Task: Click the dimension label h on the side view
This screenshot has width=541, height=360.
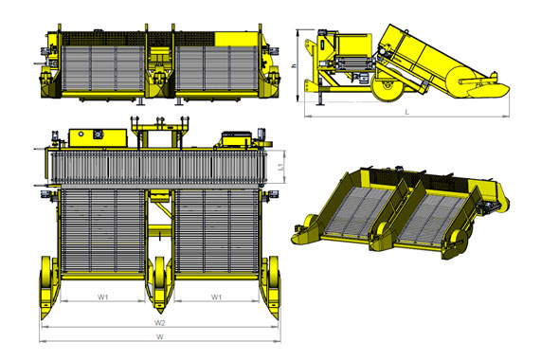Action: [294, 65]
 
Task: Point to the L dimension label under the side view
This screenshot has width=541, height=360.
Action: [407, 112]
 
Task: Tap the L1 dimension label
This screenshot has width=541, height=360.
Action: [281, 168]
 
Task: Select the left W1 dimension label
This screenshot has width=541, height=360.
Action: [103, 297]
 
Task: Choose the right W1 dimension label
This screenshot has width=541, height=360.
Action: [216, 297]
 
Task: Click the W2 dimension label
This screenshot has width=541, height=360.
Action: [159, 323]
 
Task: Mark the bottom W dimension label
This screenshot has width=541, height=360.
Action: [160, 337]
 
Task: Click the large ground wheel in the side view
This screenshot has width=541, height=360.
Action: [387, 86]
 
